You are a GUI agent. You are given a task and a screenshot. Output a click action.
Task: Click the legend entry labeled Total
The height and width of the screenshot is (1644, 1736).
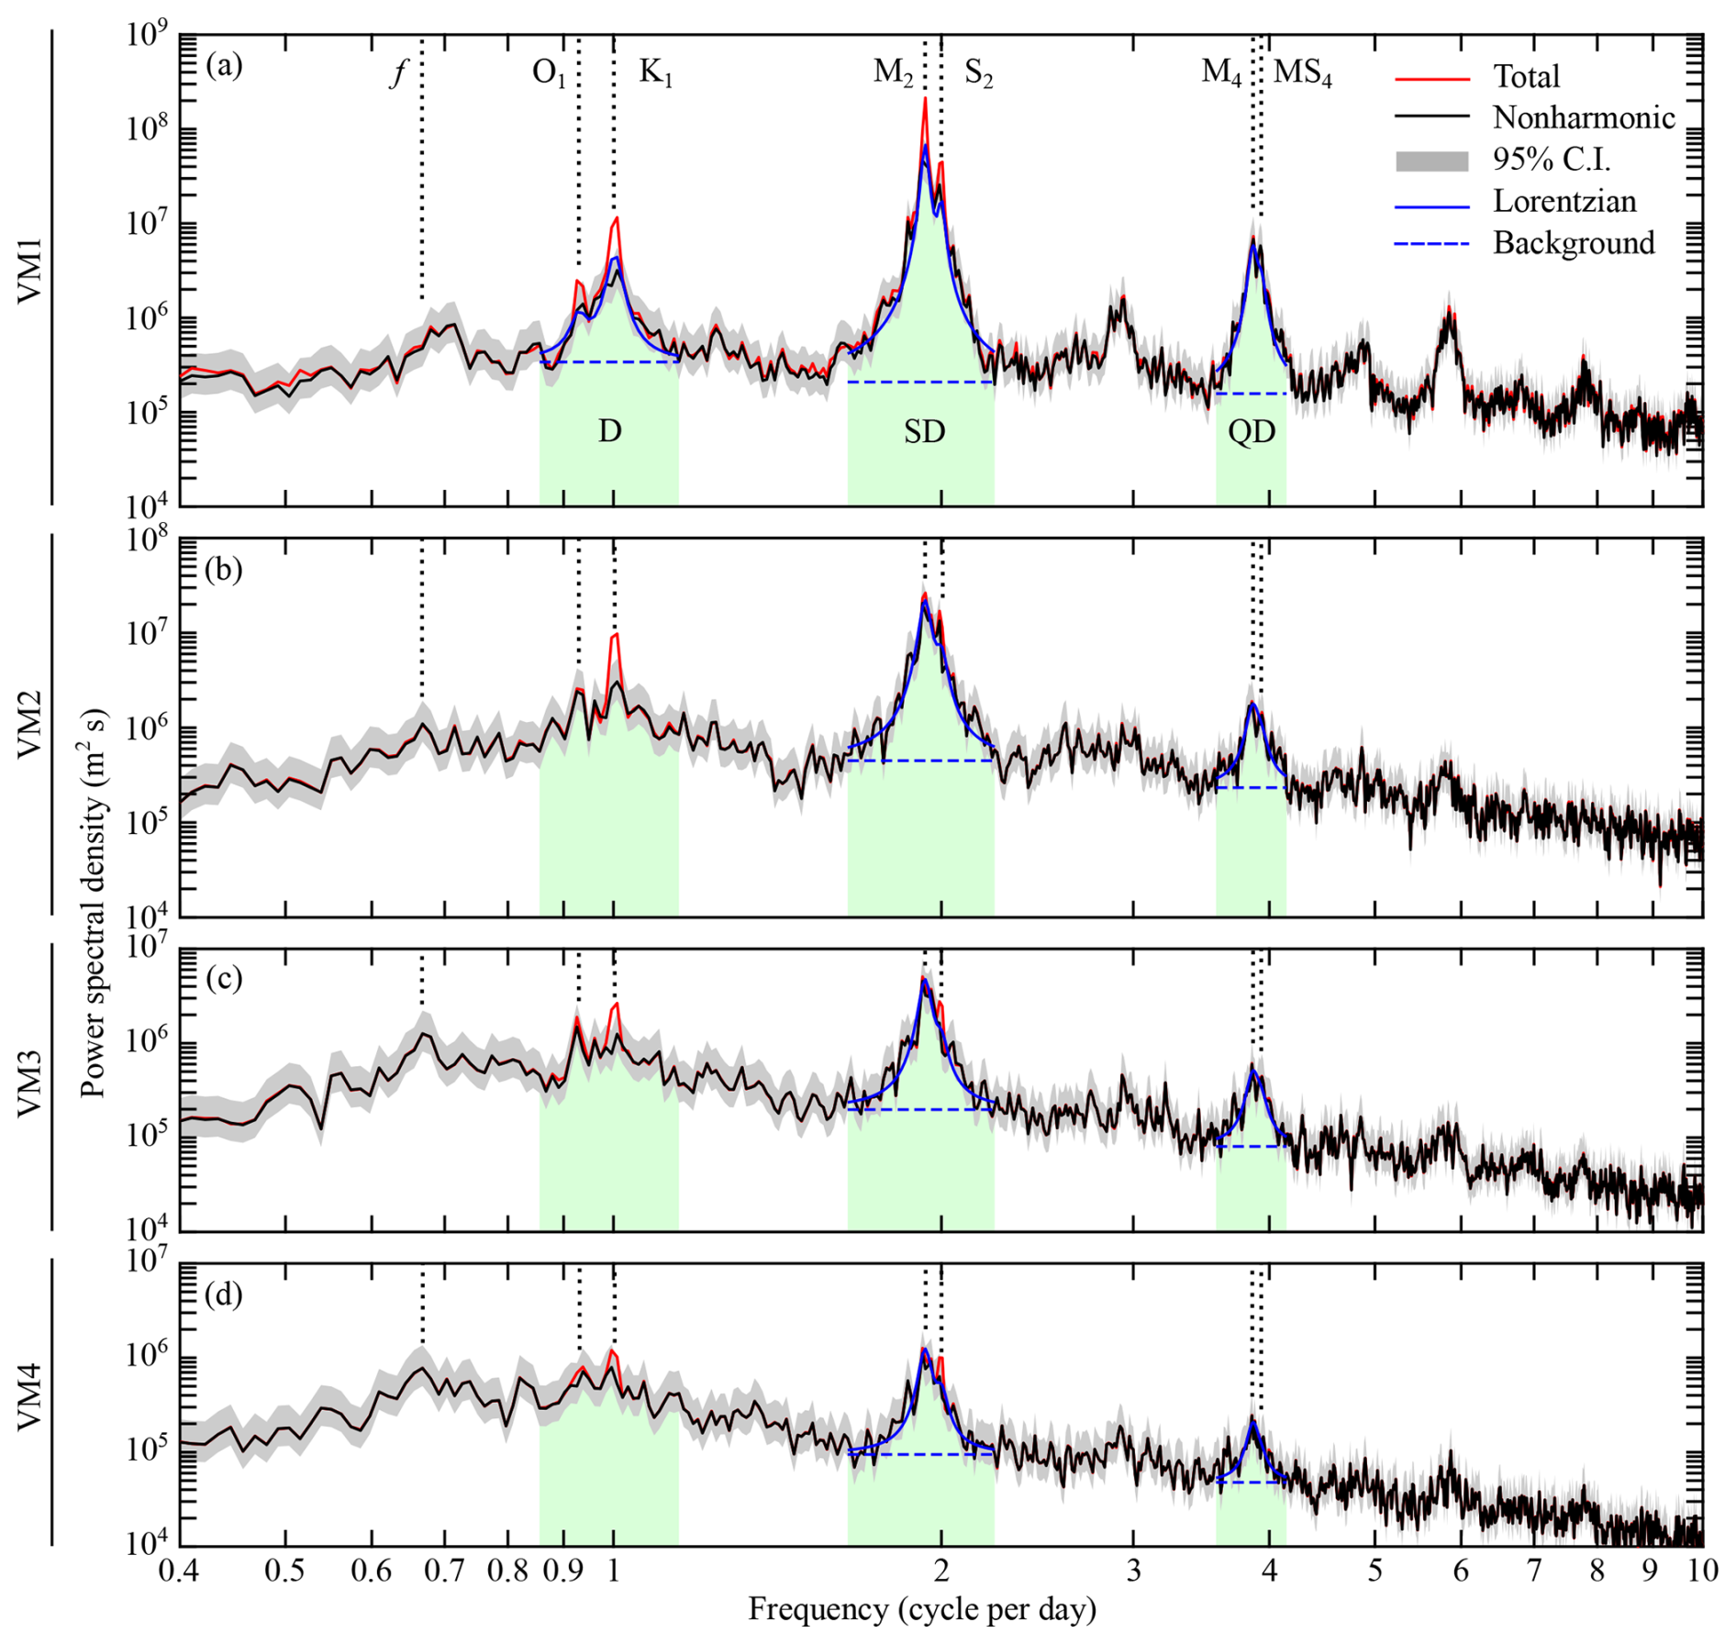tap(1526, 76)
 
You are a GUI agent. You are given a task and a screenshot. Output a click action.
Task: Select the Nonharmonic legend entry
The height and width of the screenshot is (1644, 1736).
tap(1583, 117)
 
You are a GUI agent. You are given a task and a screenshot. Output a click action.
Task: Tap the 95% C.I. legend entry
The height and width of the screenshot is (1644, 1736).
tap(1551, 160)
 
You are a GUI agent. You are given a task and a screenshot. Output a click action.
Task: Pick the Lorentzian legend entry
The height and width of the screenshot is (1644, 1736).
tap(1564, 201)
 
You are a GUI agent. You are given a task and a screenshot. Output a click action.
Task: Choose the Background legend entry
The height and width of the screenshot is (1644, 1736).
tap(1574, 243)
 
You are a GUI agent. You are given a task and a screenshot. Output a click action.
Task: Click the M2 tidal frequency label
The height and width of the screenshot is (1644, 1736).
tap(893, 72)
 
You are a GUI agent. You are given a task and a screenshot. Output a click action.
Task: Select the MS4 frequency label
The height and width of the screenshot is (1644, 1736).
tap(1302, 72)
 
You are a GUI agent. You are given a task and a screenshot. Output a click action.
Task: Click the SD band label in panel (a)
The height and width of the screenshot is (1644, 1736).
tap(924, 431)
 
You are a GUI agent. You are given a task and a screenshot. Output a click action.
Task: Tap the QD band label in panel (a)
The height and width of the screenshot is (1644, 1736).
tap(1252, 431)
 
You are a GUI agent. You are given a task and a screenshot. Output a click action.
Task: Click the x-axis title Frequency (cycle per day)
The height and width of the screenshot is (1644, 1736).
tap(922, 1608)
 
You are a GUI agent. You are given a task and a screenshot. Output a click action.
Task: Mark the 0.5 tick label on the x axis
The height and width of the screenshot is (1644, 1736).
tap(284, 1571)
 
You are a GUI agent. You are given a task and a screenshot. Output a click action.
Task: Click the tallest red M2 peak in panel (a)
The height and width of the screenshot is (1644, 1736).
tap(925, 99)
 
